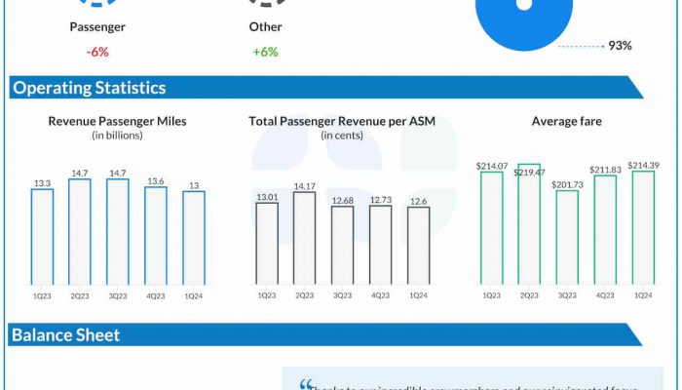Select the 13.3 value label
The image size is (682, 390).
42,182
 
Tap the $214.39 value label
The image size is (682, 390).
644,165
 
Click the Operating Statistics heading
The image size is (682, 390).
89,88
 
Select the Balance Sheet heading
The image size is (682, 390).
65,335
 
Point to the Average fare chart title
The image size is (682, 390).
567,121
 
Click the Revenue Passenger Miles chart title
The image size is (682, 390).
118,121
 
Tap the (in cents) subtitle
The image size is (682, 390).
341,135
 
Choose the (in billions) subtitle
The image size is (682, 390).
118,135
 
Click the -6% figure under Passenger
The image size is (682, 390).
97,52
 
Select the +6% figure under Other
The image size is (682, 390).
264,52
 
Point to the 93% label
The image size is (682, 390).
621,45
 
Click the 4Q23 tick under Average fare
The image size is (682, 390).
605,294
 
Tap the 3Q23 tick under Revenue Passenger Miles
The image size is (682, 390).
118,294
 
